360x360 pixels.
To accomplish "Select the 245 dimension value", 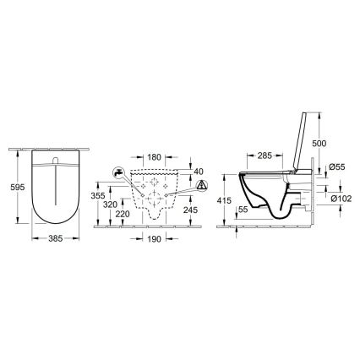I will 190,210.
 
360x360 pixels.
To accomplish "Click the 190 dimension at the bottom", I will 153,239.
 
